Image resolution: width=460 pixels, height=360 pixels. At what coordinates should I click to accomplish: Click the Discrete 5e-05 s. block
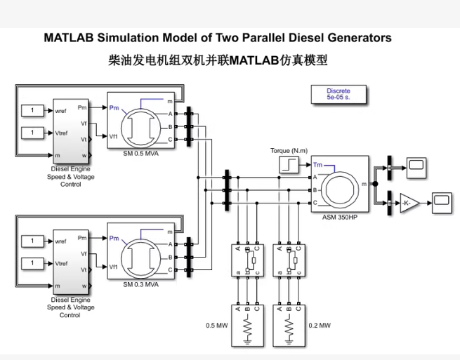338,95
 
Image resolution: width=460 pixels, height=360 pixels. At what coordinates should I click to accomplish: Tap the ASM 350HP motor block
339,184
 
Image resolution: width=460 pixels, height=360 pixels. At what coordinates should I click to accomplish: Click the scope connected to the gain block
441,202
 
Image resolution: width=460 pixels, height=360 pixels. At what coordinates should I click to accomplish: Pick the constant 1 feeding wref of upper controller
32,110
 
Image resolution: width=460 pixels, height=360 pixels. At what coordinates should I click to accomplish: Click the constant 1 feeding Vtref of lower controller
32,263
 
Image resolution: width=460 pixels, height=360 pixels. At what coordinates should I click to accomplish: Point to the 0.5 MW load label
216,326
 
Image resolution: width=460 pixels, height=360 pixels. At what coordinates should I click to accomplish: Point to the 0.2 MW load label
319,326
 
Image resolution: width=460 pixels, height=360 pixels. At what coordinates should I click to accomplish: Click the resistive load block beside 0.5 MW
247,324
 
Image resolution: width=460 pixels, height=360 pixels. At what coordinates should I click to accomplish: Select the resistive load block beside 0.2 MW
289,324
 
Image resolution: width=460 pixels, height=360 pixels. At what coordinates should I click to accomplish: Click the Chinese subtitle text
218,60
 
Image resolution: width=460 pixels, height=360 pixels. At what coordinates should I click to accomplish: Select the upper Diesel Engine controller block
70,131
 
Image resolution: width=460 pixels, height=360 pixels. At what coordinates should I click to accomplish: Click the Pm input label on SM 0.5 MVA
114,107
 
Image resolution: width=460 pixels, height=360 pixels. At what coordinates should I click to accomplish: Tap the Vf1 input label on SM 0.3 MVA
114,267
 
